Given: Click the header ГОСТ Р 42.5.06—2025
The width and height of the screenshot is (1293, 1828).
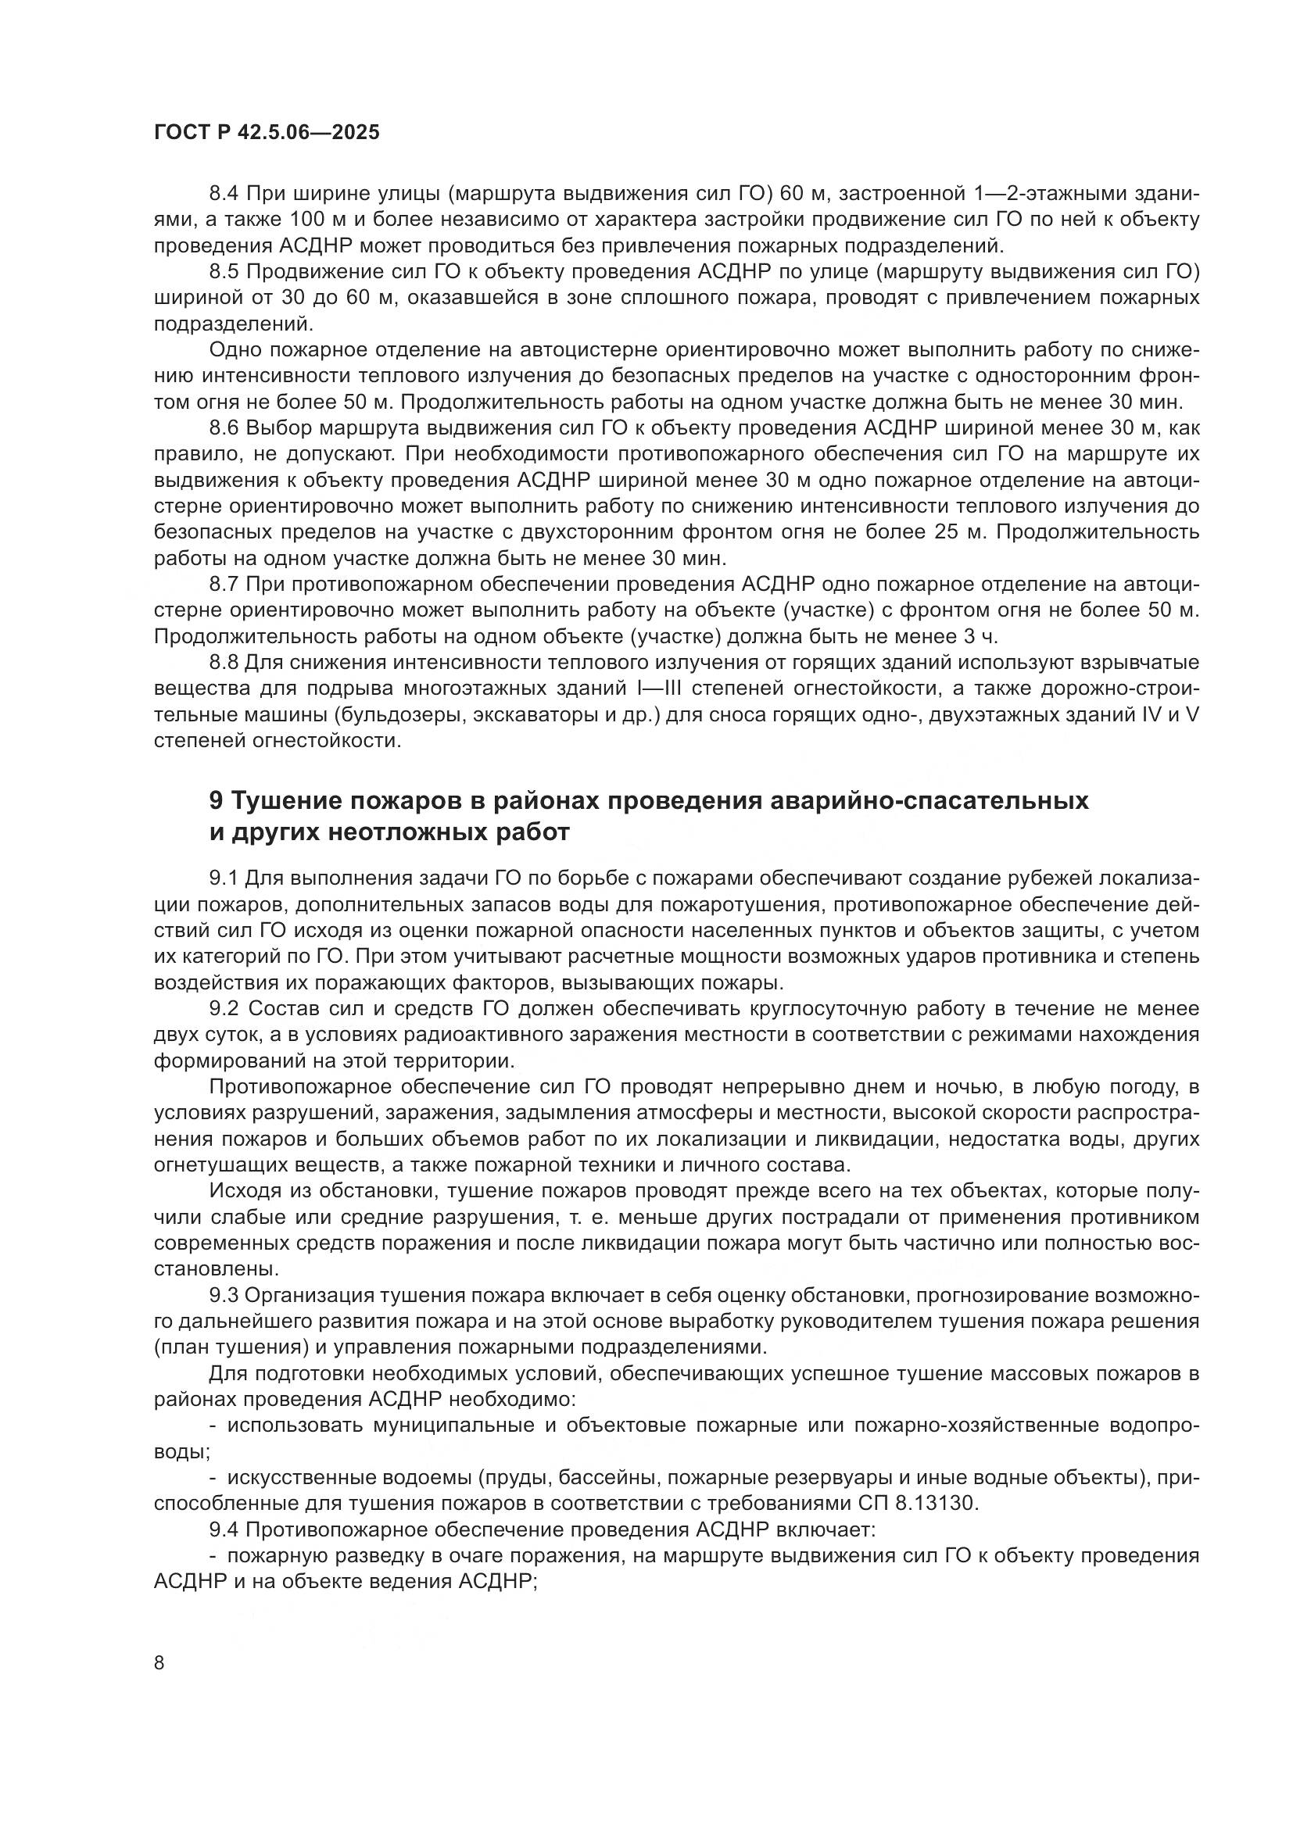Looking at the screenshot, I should (267, 133).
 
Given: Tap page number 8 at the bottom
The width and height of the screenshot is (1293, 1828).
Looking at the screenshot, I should (159, 1662).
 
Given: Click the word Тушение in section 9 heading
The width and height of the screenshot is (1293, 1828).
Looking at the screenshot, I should (284, 801).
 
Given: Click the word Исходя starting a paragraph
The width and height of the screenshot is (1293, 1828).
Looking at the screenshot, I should (245, 1191).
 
